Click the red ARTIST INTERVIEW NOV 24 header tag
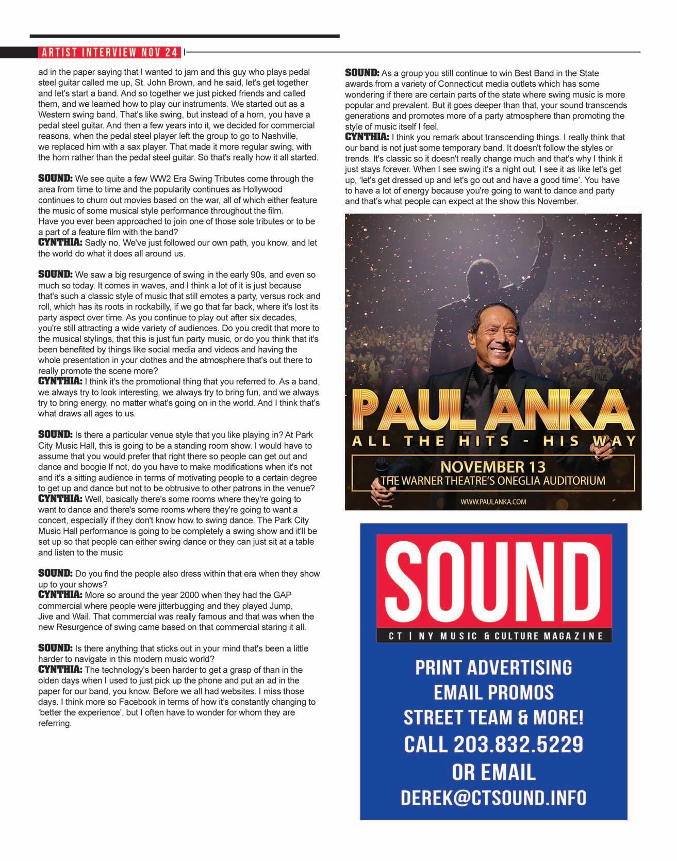(x=109, y=52)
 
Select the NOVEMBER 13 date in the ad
(x=493, y=467)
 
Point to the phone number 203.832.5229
(x=518, y=744)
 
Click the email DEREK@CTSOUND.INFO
(x=493, y=797)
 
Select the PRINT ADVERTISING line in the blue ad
(x=493, y=667)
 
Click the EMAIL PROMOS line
(x=493, y=692)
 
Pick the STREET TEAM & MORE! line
(x=493, y=718)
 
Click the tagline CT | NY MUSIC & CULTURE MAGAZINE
(x=493, y=636)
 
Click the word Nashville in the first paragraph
(x=279, y=136)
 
